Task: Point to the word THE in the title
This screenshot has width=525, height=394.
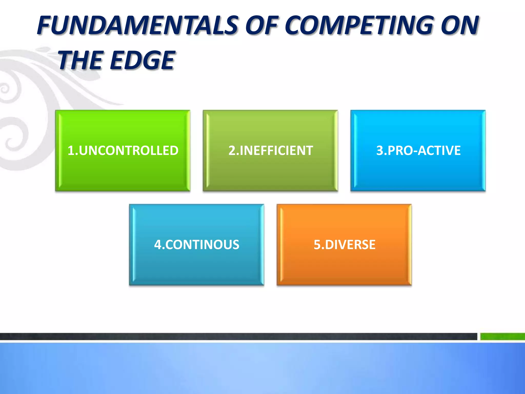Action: coord(81,61)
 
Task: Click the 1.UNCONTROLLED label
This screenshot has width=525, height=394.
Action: coord(123,151)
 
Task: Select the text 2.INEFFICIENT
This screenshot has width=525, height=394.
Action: coord(270,151)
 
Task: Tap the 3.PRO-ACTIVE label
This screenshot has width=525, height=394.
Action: coord(418,151)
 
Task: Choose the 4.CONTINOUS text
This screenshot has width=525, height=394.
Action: coord(197,245)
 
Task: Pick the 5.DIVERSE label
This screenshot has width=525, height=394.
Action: coord(344,245)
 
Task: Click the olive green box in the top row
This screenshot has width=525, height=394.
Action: coord(270,174)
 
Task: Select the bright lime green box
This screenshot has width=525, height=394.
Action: coord(123,174)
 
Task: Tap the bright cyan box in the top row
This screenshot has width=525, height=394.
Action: coord(418,174)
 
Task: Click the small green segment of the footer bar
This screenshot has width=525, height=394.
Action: coord(502,336)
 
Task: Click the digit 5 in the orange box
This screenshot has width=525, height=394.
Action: coord(317,245)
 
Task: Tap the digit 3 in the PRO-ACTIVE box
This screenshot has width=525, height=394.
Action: coord(380,151)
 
